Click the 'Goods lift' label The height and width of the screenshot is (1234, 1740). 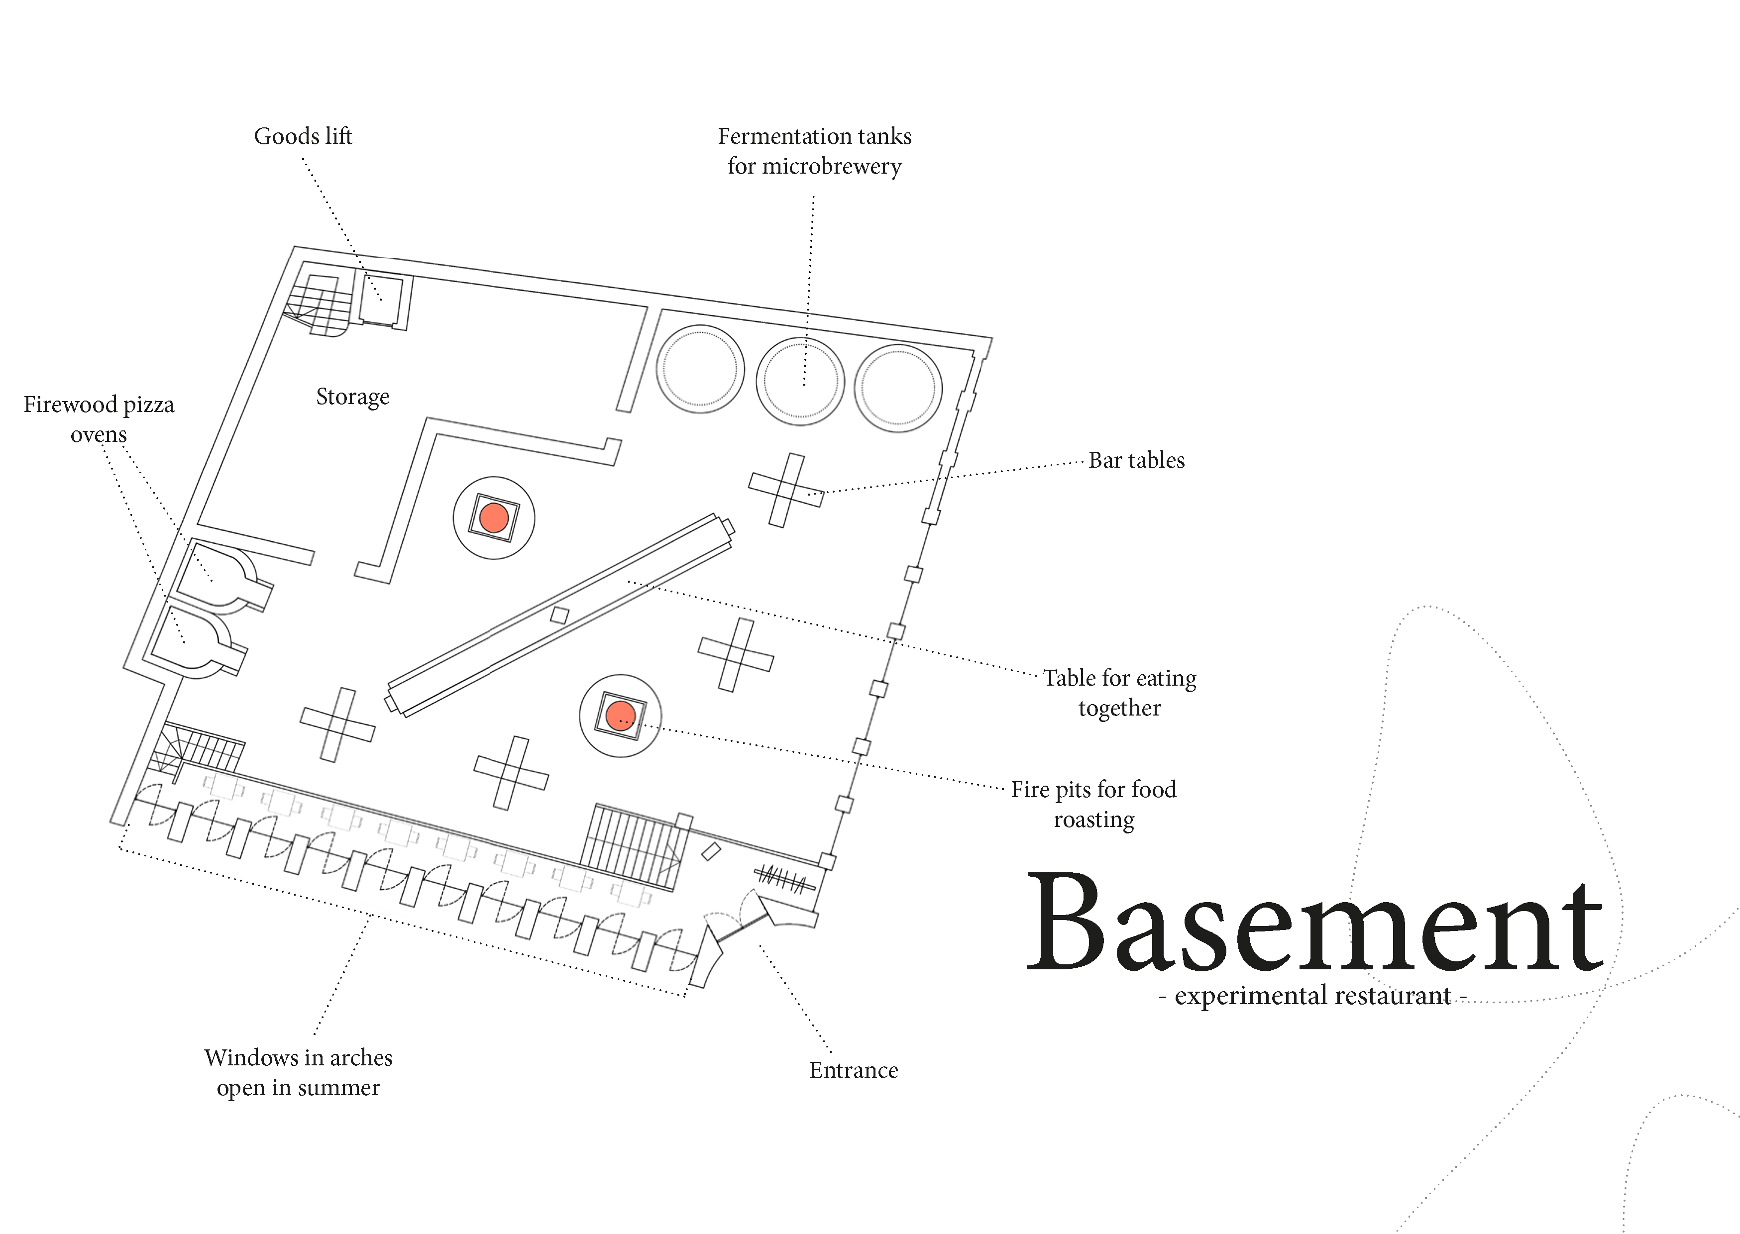click(x=303, y=136)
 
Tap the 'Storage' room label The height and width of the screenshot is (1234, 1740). click(x=352, y=397)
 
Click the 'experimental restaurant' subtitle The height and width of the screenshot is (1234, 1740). click(x=1312, y=995)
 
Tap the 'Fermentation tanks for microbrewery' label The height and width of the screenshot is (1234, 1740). click(x=815, y=151)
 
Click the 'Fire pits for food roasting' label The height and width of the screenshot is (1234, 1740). click(x=1093, y=805)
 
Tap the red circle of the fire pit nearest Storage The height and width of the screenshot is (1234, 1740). click(x=494, y=517)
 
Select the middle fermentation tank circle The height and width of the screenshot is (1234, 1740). click(x=800, y=381)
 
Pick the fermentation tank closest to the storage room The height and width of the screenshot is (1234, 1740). click(x=700, y=369)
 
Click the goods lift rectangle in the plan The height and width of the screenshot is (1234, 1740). click(x=381, y=300)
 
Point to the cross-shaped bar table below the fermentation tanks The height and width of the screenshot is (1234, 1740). click(x=786, y=490)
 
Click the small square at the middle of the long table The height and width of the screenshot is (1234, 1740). click(x=559, y=615)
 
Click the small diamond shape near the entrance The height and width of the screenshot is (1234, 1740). click(x=711, y=852)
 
